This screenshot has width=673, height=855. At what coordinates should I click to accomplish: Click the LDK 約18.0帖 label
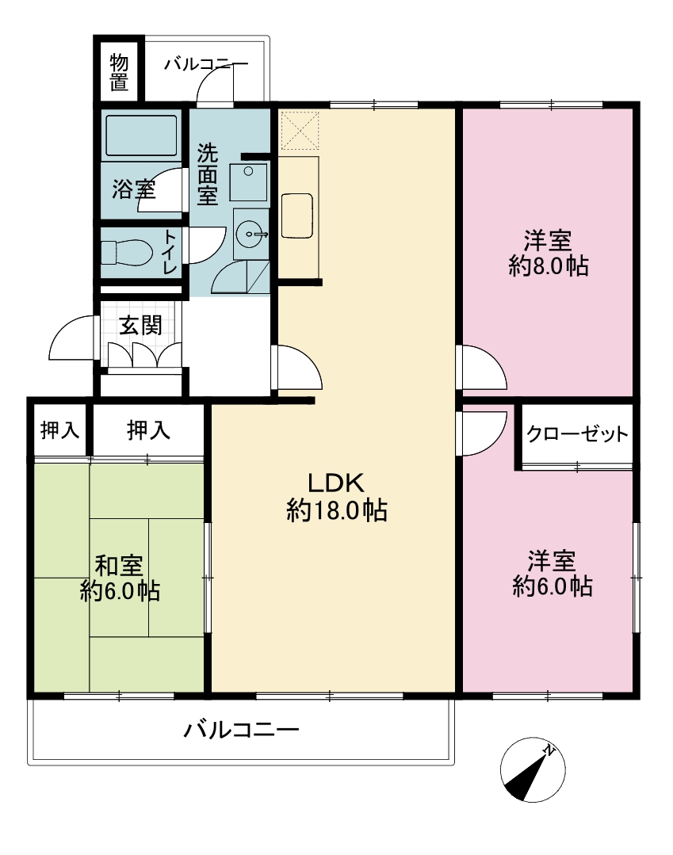336,497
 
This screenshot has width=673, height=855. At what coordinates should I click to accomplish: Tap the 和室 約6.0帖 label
120,578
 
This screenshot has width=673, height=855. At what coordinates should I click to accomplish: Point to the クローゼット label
577,434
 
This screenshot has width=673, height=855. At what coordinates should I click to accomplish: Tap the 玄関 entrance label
141,326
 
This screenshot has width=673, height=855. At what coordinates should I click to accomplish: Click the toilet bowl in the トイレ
127,253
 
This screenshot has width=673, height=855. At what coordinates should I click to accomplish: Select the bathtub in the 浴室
141,136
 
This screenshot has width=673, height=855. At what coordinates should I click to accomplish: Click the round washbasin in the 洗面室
250,235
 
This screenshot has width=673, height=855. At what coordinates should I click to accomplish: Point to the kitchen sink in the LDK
297,215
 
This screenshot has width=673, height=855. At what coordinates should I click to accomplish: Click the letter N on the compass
549,751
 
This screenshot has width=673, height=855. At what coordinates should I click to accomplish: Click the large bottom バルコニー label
242,729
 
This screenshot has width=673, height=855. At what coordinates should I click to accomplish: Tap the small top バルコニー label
206,64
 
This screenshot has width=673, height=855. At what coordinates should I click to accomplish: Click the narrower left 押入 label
60,430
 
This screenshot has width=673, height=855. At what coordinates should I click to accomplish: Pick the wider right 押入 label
148,430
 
